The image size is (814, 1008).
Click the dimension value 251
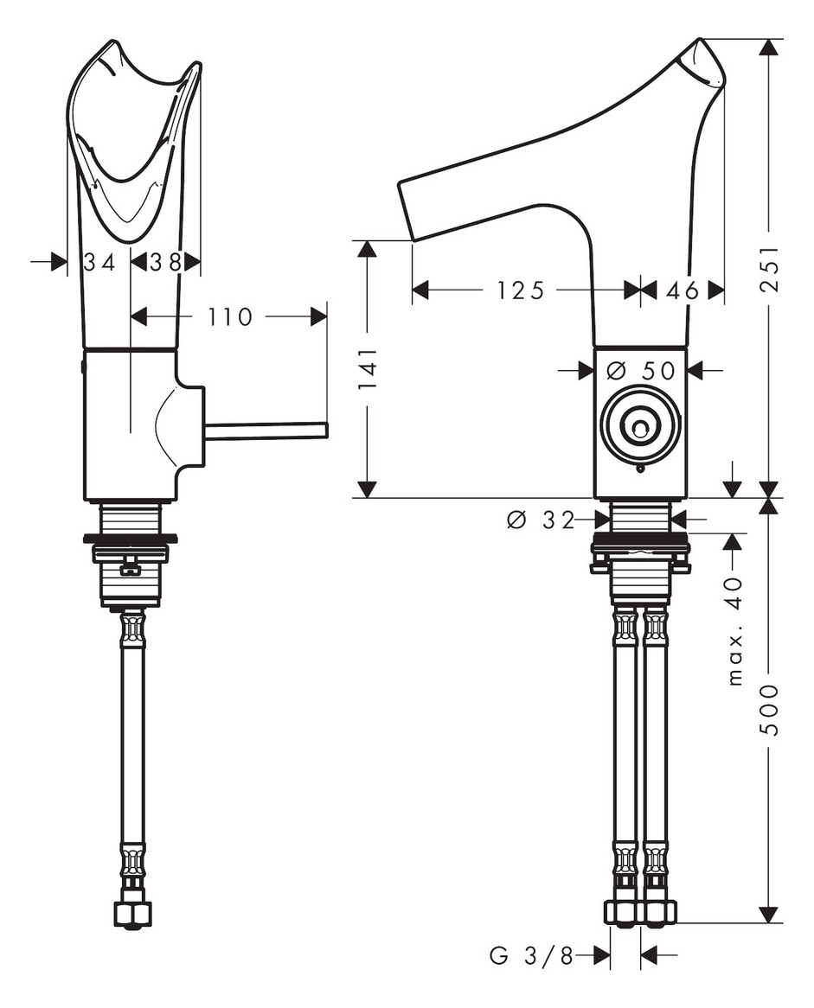click(x=770, y=270)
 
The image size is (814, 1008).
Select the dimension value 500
click(x=770, y=709)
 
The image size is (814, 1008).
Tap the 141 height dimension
click(x=368, y=370)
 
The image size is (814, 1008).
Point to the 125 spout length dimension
click(x=521, y=290)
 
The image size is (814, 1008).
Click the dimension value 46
click(x=683, y=290)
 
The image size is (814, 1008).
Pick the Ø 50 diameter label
click(x=640, y=370)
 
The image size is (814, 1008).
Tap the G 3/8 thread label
click(x=531, y=955)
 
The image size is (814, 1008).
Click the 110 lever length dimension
click(x=229, y=317)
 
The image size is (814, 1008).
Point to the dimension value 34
click(x=99, y=262)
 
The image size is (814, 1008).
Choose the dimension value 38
click(x=164, y=262)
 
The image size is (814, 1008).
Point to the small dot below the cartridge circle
click(x=639, y=469)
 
